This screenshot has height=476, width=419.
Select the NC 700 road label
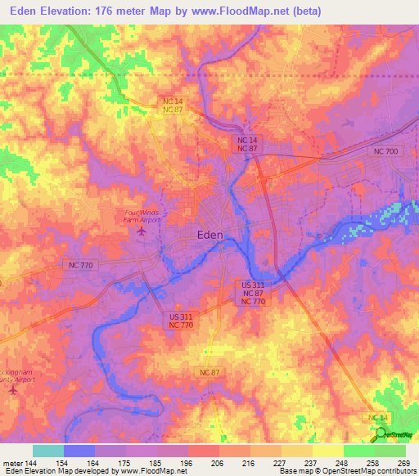point(385,153)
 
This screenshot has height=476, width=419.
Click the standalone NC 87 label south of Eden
point(209,373)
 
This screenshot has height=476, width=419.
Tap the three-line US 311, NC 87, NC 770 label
point(254,293)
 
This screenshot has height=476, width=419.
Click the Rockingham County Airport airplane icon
point(12,388)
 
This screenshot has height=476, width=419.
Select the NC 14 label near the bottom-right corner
point(378,418)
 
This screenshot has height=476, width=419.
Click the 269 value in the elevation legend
point(403,462)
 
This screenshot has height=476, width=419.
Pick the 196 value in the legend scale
point(187,462)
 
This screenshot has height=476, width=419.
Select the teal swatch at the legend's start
point(47,451)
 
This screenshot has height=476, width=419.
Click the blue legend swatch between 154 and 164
point(79,451)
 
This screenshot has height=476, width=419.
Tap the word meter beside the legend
point(11,462)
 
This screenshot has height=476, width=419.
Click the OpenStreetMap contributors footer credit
point(358,471)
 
